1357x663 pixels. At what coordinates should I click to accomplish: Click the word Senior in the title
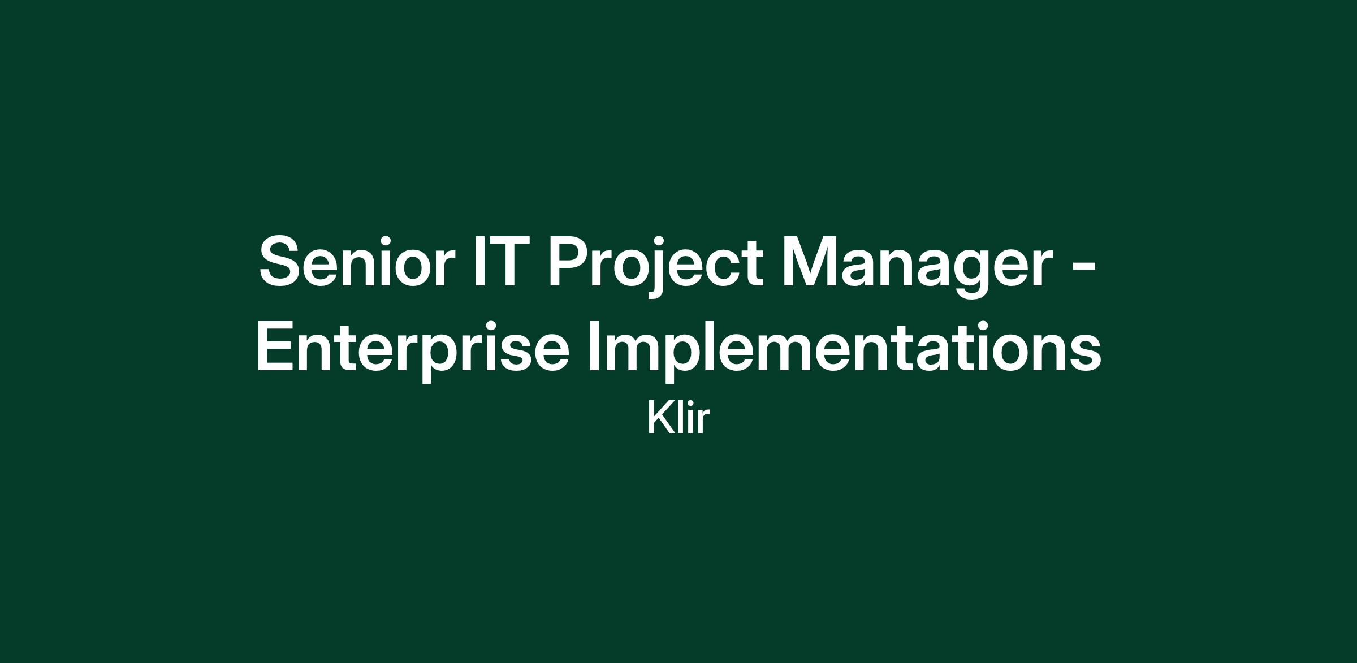point(357,262)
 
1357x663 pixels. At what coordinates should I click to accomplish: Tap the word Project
point(656,266)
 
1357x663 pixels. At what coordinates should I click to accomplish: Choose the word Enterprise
point(412,350)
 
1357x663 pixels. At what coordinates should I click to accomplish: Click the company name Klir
point(678,418)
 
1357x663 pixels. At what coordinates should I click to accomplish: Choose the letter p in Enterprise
point(438,358)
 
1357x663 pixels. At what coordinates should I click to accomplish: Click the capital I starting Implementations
point(593,346)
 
